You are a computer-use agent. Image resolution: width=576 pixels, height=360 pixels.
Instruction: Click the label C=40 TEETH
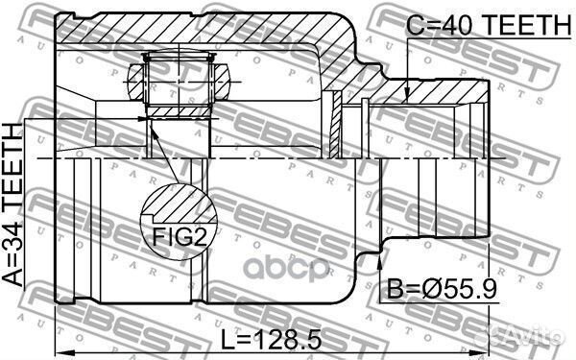pos(489,25)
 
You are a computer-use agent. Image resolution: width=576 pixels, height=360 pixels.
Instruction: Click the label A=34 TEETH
pos(12,204)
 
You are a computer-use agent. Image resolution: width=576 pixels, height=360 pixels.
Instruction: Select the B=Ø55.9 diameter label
pos(443,289)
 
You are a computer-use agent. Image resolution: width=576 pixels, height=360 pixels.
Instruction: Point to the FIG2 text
pos(180,237)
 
